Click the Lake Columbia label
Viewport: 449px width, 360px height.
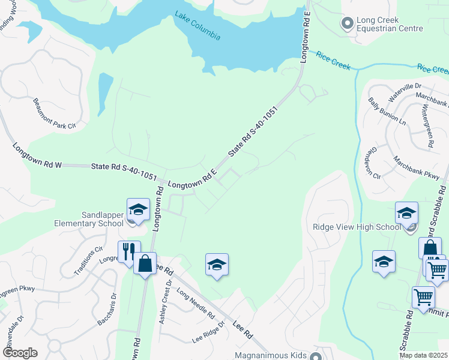[x=197, y=26]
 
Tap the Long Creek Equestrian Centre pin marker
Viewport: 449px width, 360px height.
[x=347, y=24]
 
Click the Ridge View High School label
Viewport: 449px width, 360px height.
[x=356, y=227]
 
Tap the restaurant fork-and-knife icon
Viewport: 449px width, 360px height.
[x=128, y=251]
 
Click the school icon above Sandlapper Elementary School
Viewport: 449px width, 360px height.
[x=138, y=209]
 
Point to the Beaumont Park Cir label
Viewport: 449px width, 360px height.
[x=55, y=113]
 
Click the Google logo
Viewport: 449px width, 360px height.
[x=20, y=353]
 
